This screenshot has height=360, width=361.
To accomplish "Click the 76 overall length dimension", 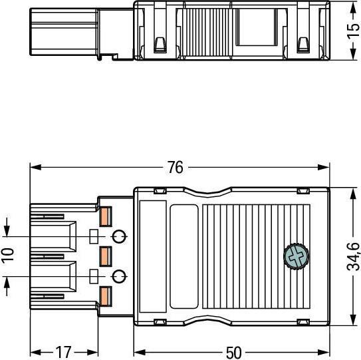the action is pos(176,167).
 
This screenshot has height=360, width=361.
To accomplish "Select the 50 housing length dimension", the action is pos(234,353).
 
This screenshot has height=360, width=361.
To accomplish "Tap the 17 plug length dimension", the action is pos(64,353).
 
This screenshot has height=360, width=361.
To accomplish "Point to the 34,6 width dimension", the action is pos(354,256).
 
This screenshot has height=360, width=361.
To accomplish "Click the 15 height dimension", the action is pos(354,31).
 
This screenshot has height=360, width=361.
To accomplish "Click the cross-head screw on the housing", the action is pos(296,256).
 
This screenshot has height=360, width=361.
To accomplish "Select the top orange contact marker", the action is pos(106,216).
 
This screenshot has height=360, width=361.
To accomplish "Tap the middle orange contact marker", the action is pos(106,256).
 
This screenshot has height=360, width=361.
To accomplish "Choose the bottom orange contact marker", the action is pos(106,296).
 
